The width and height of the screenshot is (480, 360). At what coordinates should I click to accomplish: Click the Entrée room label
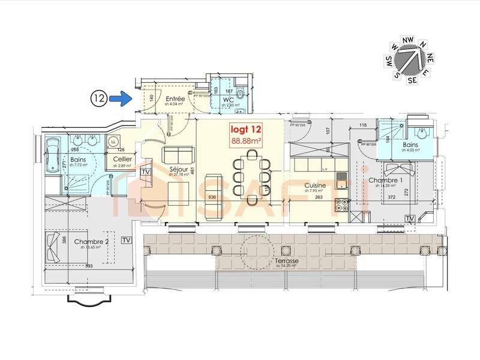[x=175, y=99]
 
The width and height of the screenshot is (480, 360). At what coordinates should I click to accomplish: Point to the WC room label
[x=227, y=99]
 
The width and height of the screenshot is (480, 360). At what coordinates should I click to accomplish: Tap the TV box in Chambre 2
[x=126, y=240]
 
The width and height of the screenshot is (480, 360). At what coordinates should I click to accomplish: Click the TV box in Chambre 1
[x=411, y=217]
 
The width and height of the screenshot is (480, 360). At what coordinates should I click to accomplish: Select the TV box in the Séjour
[x=145, y=172]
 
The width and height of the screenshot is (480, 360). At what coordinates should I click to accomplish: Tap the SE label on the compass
[x=412, y=79]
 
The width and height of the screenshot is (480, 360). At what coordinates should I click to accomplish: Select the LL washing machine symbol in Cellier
[x=113, y=142]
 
